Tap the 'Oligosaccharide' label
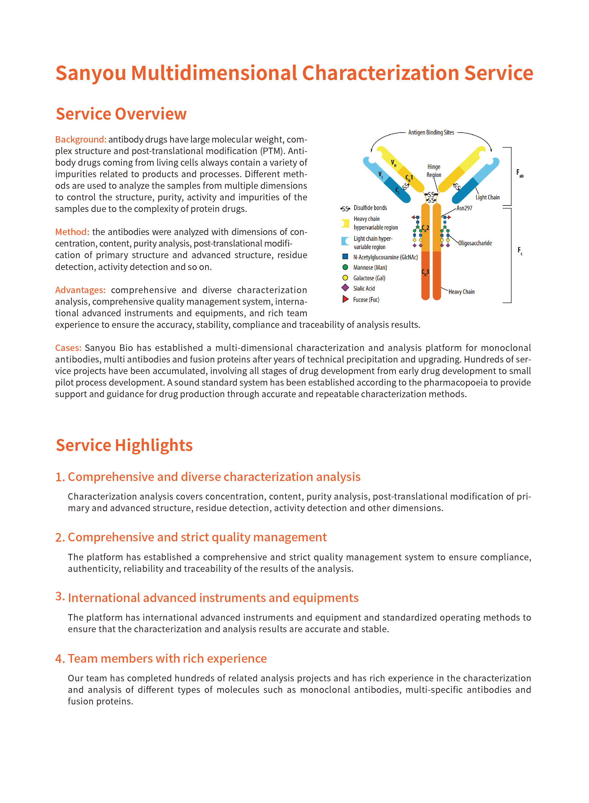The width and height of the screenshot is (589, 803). pyautogui.click(x=475, y=243)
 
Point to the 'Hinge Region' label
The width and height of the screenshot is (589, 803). pyautogui.click(x=434, y=171)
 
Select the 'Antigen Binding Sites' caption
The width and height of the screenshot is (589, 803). pyautogui.click(x=431, y=133)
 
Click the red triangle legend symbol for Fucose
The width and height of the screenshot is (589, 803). pyautogui.click(x=345, y=299)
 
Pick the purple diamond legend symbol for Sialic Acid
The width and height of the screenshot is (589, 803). pyautogui.click(x=345, y=288)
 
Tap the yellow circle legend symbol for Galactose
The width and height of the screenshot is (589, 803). pyautogui.click(x=345, y=278)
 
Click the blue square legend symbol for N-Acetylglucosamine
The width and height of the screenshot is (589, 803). pyautogui.click(x=345, y=257)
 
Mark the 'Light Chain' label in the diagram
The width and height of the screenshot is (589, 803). pyautogui.click(x=488, y=197)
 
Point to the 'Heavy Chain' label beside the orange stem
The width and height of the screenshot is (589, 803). pyautogui.click(x=462, y=292)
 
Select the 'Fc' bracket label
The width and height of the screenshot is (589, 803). pyautogui.click(x=520, y=251)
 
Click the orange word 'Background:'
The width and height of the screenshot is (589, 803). pyautogui.click(x=81, y=139)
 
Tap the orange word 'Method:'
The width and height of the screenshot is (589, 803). pyautogui.click(x=72, y=232)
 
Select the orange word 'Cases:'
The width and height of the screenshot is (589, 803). pyautogui.click(x=68, y=348)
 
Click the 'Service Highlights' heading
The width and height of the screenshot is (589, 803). pyautogui.click(x=124, y=445)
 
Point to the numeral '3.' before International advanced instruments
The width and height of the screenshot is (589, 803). pyautogui.click(x=60, y=596)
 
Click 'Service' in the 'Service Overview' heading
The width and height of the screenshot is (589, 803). pyautogui.click(x=84, y=114)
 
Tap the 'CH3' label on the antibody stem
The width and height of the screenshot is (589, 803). pyautogui.click(x=425, y=272)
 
